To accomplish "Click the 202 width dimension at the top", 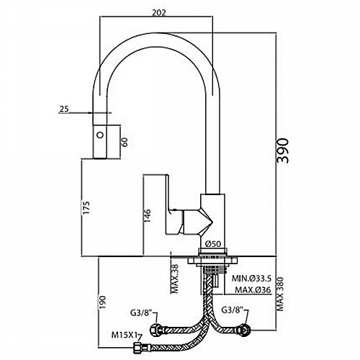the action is click(x=159, y=12).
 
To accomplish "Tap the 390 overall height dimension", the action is click(x=282, y=150).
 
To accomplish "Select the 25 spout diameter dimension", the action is click(x=64, y=109).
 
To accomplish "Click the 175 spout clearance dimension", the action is click(x=86, y=207).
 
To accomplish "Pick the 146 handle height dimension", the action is click(x=147, y=215).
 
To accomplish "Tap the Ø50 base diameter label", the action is click(x=213, y=244).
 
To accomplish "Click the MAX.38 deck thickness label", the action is click(x=176, y=279).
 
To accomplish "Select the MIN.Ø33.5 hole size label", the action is click(x=251, y=279).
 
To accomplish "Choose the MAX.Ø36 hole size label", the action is click(x=253, y=289).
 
